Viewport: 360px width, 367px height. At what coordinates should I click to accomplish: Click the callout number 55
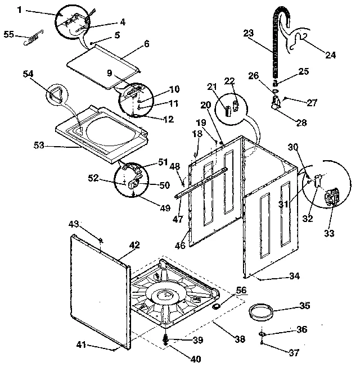click(8, 34)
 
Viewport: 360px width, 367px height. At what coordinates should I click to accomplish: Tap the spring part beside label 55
click(29, 40)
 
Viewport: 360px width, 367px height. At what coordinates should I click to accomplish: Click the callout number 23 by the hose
click(249, 33)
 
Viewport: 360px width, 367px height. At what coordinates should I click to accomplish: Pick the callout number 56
click(241, 290)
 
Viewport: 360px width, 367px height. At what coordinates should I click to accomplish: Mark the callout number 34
click(294, 276)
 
